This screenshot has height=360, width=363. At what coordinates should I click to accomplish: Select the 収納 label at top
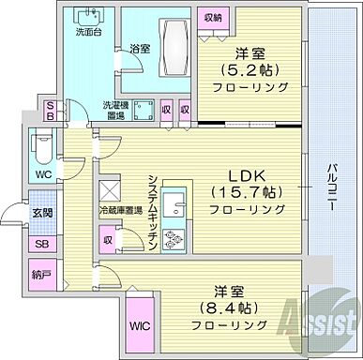coord(211,18)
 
